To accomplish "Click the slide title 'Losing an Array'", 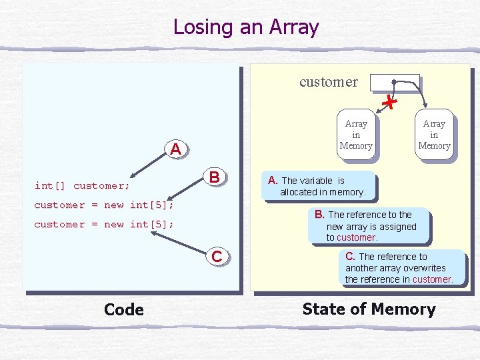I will pyautogui.click(x=246, y=27).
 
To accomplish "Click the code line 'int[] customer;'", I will pyautogui.click(x=82, y=185).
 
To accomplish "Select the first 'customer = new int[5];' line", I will pyautogui.click(x=104, y=205).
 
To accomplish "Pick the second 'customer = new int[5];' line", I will pyautogui.click(x=104, y=224).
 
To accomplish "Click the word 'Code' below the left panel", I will pyautogui.click(x=124, y=309).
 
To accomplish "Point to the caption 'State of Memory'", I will pyautogui.click(x=369, y=309).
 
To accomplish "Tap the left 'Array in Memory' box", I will pyautogui.click(x=356, y=135).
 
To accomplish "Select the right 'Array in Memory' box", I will pyautogui.click(x=434, y=135).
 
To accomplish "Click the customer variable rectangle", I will pyautogui.click(x=395, y=82).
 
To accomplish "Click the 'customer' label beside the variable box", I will pyautogui.click(x=328, y=82).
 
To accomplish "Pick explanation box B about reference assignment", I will pyautogui.click(x=371, y=226).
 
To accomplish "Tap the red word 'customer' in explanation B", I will pyautogui.click(x=357, y=237).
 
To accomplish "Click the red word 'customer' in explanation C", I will pyautogui.click(x=432, y=279).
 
